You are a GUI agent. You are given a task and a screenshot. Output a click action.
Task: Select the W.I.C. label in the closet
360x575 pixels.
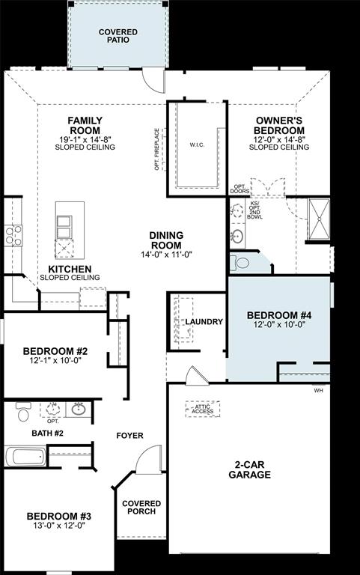197,144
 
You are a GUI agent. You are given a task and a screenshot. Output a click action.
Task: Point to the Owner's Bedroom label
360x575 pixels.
278,124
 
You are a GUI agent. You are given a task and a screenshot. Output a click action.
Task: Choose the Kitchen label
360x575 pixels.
70,269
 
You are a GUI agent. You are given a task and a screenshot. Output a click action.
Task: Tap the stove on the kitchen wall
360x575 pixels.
13,236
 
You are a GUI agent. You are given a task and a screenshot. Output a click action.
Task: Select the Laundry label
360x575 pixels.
204,322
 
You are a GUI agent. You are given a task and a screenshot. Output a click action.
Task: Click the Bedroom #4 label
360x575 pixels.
278,316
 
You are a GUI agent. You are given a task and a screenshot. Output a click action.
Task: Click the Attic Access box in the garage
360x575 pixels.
202,408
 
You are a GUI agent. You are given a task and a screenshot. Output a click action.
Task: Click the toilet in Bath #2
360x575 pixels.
22,413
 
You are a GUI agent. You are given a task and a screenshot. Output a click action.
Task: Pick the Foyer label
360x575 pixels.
129,436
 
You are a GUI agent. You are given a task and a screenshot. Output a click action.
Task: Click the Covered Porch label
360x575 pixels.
138,507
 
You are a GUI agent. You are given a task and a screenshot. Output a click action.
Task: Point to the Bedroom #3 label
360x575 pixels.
58,517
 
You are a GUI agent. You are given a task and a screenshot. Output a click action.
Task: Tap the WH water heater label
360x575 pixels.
318,391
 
